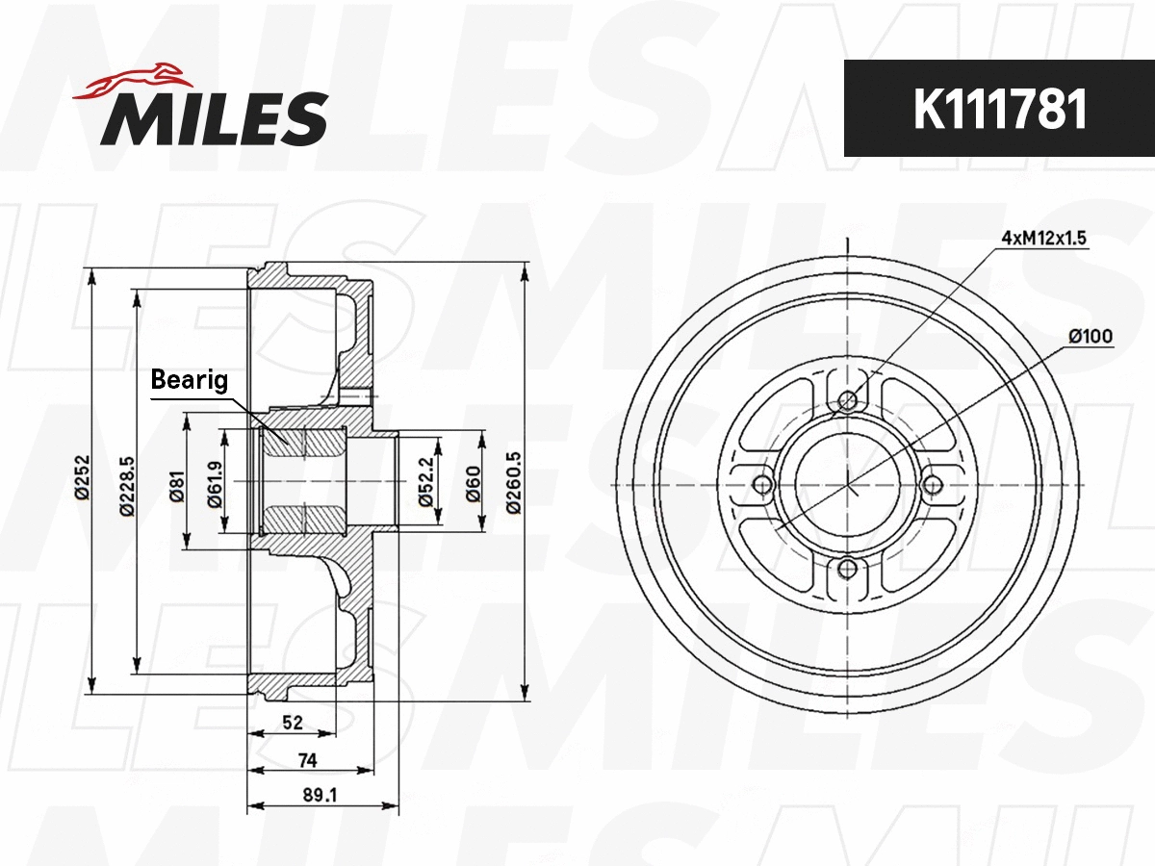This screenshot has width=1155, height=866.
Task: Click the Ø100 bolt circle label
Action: click(x=1090, y=336)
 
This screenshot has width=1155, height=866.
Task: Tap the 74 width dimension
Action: click(x=307, y=759)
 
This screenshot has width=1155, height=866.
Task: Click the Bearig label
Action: click(x=190, y=381)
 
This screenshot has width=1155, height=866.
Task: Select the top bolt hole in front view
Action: click(x=847, y=401)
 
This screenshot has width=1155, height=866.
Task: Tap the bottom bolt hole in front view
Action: click(x=847, y=569)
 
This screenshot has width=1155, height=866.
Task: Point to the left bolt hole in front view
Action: click(x=762, y=484)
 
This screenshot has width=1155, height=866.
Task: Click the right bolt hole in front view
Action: click(x=931, y=484)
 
